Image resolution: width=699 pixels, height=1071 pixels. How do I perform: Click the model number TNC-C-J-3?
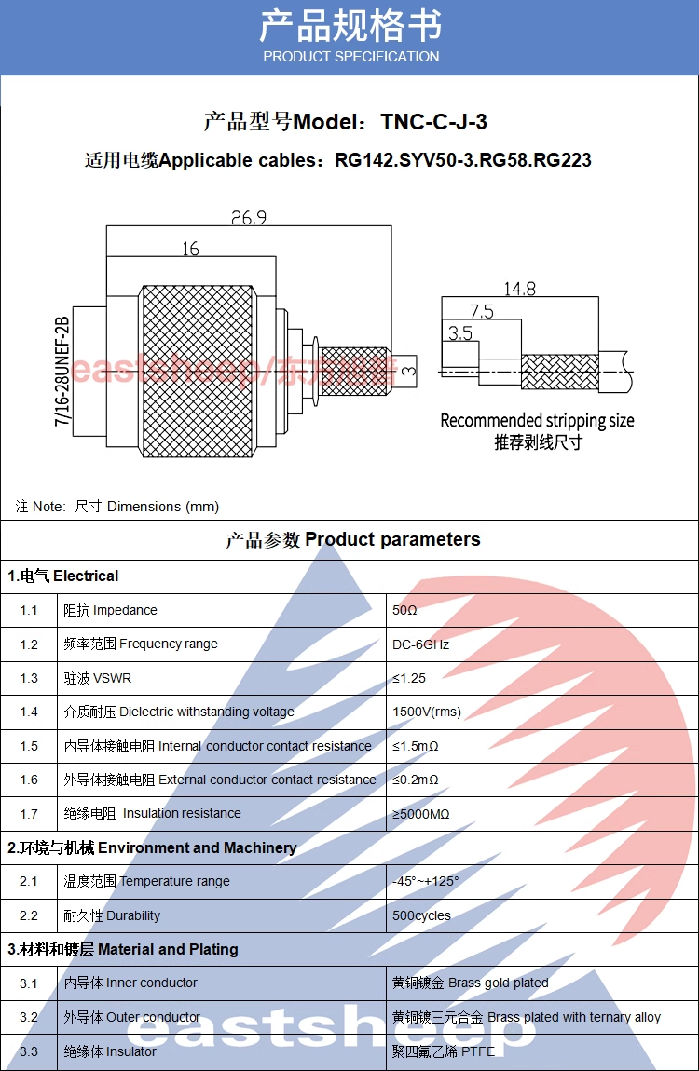[x=433, y=122]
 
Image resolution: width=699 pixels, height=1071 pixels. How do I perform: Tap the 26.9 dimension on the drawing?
[x=249, y=217]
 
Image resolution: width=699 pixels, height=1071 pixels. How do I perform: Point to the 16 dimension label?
[x=190, y=249]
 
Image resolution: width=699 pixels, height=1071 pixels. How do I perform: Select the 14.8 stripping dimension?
[x=519, y=289]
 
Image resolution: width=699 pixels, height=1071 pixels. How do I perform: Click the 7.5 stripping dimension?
[x=481, y=311]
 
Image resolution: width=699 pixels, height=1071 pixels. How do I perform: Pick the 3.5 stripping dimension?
[x=459, y=332]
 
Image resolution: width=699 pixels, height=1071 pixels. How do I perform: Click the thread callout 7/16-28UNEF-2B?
[x=62, y=372]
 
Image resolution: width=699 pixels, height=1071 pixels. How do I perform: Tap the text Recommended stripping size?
[x=537, y=421]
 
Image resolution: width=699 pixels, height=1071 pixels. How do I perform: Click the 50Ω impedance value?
[x=404, y=611]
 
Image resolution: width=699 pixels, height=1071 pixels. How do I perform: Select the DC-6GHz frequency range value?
[x=420, y=644]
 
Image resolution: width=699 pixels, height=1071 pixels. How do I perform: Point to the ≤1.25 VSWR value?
[x=409, y=678]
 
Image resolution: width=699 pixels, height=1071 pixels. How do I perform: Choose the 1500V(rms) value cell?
[x=426, y=712]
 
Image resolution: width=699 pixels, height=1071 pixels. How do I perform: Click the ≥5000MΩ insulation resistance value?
[x=420, y=814]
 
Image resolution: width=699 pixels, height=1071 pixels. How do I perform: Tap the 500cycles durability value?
[x=421, y=915]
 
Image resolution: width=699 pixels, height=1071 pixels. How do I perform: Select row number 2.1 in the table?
[x=29, y=882]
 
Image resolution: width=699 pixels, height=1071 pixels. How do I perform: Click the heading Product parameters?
[x=392, y=539]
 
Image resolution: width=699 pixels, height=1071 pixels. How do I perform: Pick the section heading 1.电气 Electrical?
[x=63, y=576]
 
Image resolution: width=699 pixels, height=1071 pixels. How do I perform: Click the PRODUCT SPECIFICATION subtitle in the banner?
[x=350, y=57]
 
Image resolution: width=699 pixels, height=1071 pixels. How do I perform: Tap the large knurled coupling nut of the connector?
[x=198, y=371]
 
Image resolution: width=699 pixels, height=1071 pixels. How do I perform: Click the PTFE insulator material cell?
[x=444, y=1051]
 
